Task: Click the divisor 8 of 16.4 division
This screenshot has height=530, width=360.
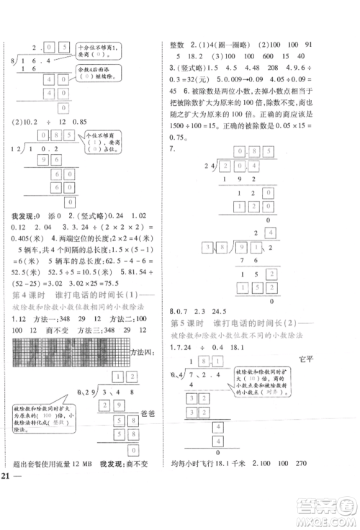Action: click(6, 64)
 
